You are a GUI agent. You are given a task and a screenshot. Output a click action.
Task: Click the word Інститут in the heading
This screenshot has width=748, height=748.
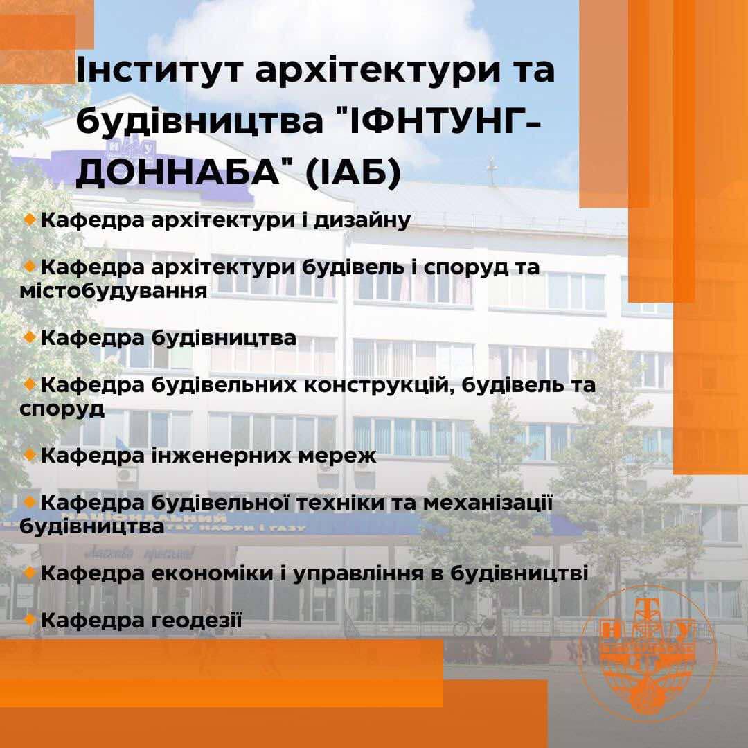[x=160, y=69]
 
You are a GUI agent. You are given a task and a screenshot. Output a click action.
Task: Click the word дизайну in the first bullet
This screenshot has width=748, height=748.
[x=362, y=220]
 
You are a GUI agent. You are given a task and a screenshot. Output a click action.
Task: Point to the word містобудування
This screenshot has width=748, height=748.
[x=114, y=291]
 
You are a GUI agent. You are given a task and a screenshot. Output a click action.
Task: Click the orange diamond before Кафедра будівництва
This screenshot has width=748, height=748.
[x=30, y=337]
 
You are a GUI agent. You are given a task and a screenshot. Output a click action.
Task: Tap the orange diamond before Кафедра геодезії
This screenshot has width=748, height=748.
[x=30, y=620]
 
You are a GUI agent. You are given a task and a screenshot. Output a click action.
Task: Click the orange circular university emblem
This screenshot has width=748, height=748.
[x=648, y=654]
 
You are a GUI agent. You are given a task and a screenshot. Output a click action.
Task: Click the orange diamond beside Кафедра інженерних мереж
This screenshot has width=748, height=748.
[x=30, y=455]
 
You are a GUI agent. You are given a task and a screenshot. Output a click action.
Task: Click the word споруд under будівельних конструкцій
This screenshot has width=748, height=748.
[x=62, y=409]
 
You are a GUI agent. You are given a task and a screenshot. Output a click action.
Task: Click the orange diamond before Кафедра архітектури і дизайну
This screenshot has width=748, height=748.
[x=30, y=220]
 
